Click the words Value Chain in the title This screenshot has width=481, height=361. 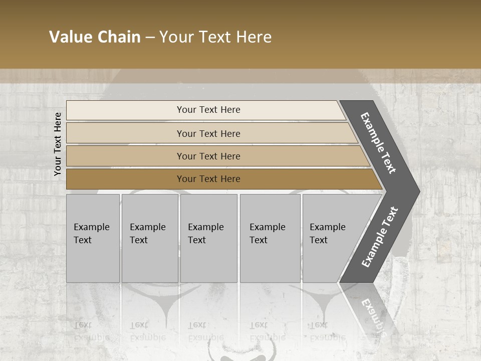coord(95,37)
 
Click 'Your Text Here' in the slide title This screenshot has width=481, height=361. coord(215,37)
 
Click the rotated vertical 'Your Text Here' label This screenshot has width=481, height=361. coord(58,144)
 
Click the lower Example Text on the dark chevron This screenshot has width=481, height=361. coord(380,237)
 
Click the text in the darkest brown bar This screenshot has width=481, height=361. coord(208,179)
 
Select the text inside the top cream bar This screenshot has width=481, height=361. coord(208,110)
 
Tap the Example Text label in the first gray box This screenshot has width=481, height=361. coord(91,234)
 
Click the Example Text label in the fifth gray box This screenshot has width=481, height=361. coord(327,234)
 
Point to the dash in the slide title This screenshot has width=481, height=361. coord(150,38)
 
